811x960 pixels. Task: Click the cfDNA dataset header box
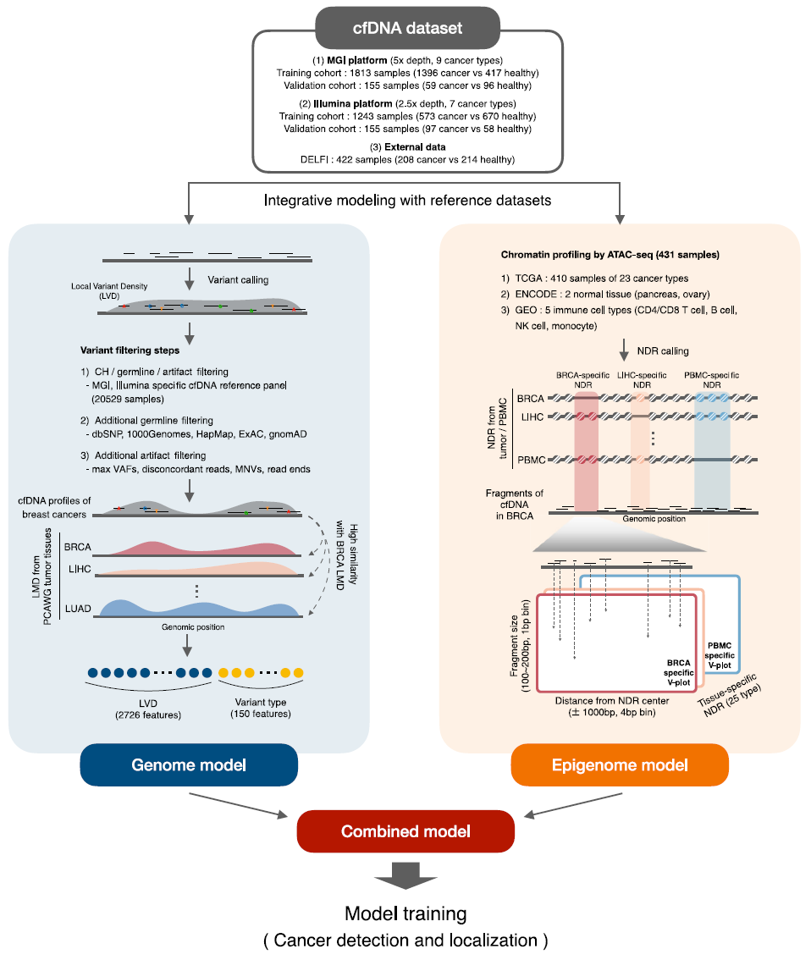(408, 28)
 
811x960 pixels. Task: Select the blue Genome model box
(189, 764)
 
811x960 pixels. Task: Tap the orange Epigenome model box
(620, 764)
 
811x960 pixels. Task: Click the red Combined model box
(405, 830)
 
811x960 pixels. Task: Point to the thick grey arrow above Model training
(405, 875)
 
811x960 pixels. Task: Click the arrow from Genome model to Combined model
(238, 805)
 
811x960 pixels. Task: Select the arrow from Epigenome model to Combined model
(573, 805)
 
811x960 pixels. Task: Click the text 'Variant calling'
(238, 280)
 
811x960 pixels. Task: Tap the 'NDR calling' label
(663, 350)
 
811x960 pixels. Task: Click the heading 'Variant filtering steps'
(130, 350)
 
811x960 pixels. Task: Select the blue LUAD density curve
(200, 608)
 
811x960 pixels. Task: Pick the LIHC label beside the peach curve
(80, 569)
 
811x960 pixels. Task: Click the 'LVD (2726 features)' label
(148, 709)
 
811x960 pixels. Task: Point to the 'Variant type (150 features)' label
(261, 708)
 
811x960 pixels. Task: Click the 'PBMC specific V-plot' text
(720, 655)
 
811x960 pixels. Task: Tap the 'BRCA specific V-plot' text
(679, 672)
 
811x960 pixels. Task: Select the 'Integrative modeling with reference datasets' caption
(408, 200)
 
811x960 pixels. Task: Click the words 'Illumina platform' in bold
(352, 103)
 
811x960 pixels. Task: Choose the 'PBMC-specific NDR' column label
(712, 379)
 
